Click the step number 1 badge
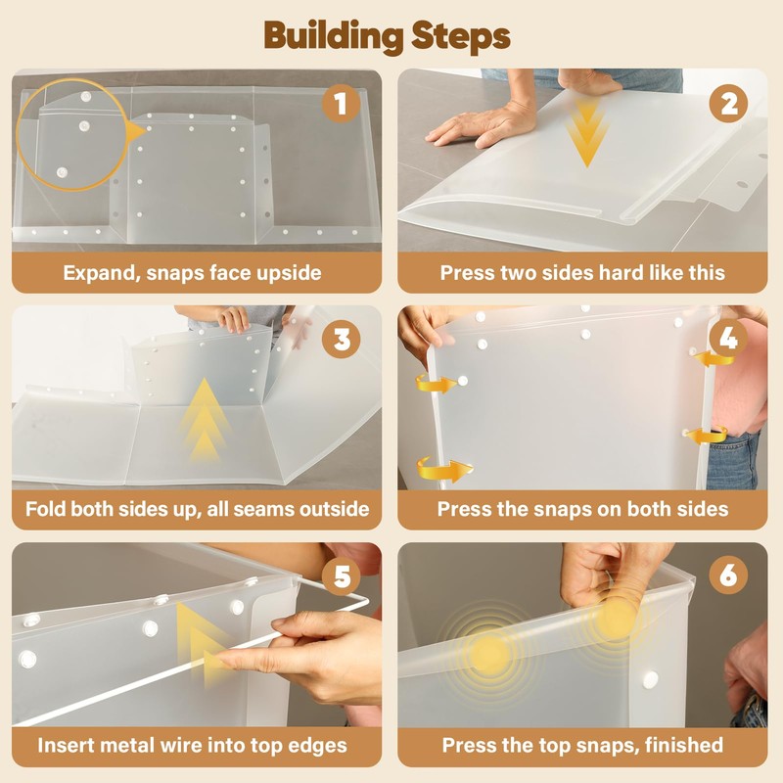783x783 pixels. pyautogui.click(x=341, y=104)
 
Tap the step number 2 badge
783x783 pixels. pyautogui.click(x=728, y=104)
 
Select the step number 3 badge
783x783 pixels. pyautogui.click(x=342, y=339)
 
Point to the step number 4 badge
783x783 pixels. pyautogui.click(x=728, y=339)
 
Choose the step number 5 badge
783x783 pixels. pyautogui.click(x=342, y=576)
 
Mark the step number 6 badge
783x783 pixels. pyautogui.click(x=728, y=576)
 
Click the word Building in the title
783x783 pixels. pyautogui.click(x=333, y=36)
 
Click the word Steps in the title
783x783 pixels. pyautogui.click(x=460, y=37)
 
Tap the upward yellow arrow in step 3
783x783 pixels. pyautogui.click(x=204, y=421)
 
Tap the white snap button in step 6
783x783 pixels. pyautogui.click(x=650, y=679)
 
